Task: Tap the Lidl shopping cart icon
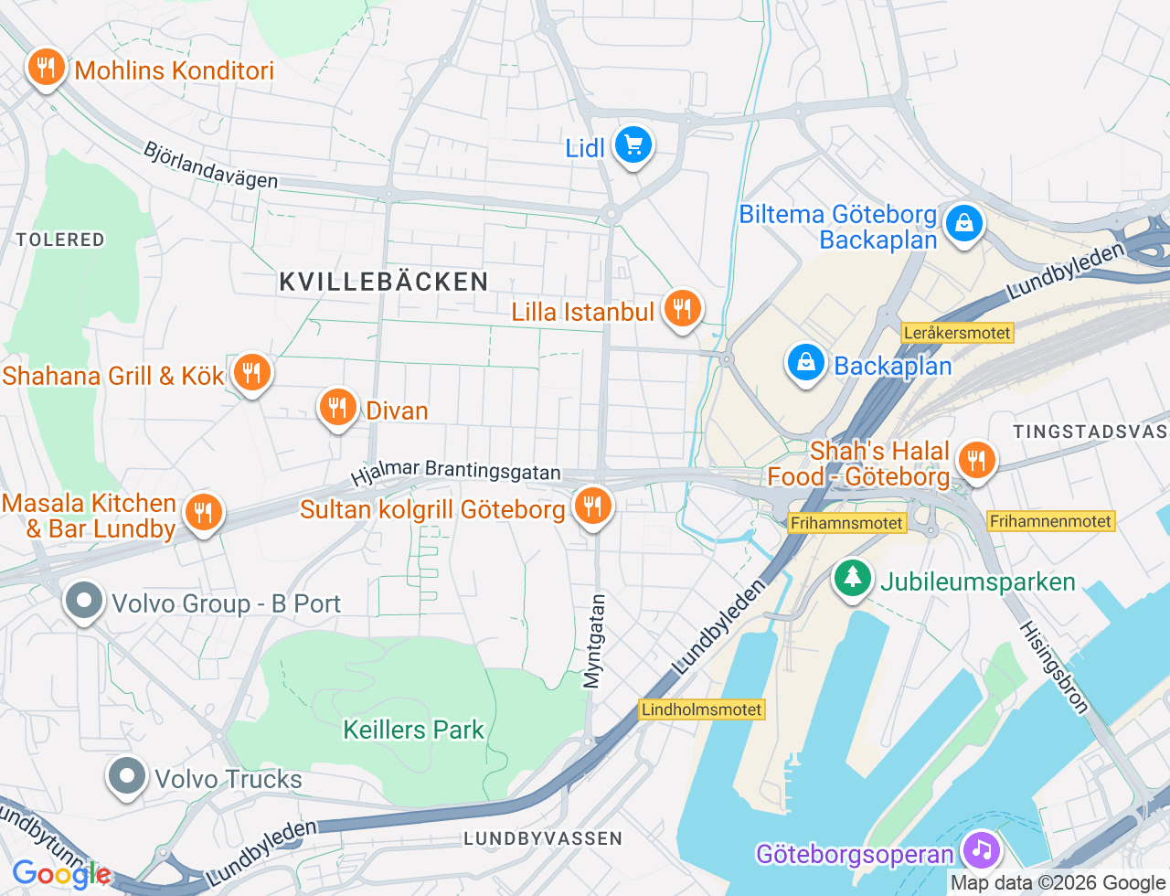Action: (x=633, y=145)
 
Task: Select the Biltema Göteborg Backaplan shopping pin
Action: (x=963, y=223)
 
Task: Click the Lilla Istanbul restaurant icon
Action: (x=681, y=309)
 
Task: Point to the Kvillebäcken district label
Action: (x=384, y=282)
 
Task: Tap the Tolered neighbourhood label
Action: (x=60, y=240)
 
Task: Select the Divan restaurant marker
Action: (x=337, y=408)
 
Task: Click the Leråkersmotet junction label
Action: (x=957, y=333)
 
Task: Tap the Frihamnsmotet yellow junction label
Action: (x=846, y=523)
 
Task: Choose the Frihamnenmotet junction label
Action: (x=1050, y=521)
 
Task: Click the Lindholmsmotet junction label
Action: (x=701, y=709)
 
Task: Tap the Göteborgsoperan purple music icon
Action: (x=981, y=850)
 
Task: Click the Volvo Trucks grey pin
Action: (x=127, y=776)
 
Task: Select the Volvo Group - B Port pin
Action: (x=84, y=602)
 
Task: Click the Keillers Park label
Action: (x=413, y=730)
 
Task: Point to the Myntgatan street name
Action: (x=594, y=641)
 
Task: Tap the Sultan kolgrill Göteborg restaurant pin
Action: (x=592, y=507)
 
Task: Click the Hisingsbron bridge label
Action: (x=1054, y=667)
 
